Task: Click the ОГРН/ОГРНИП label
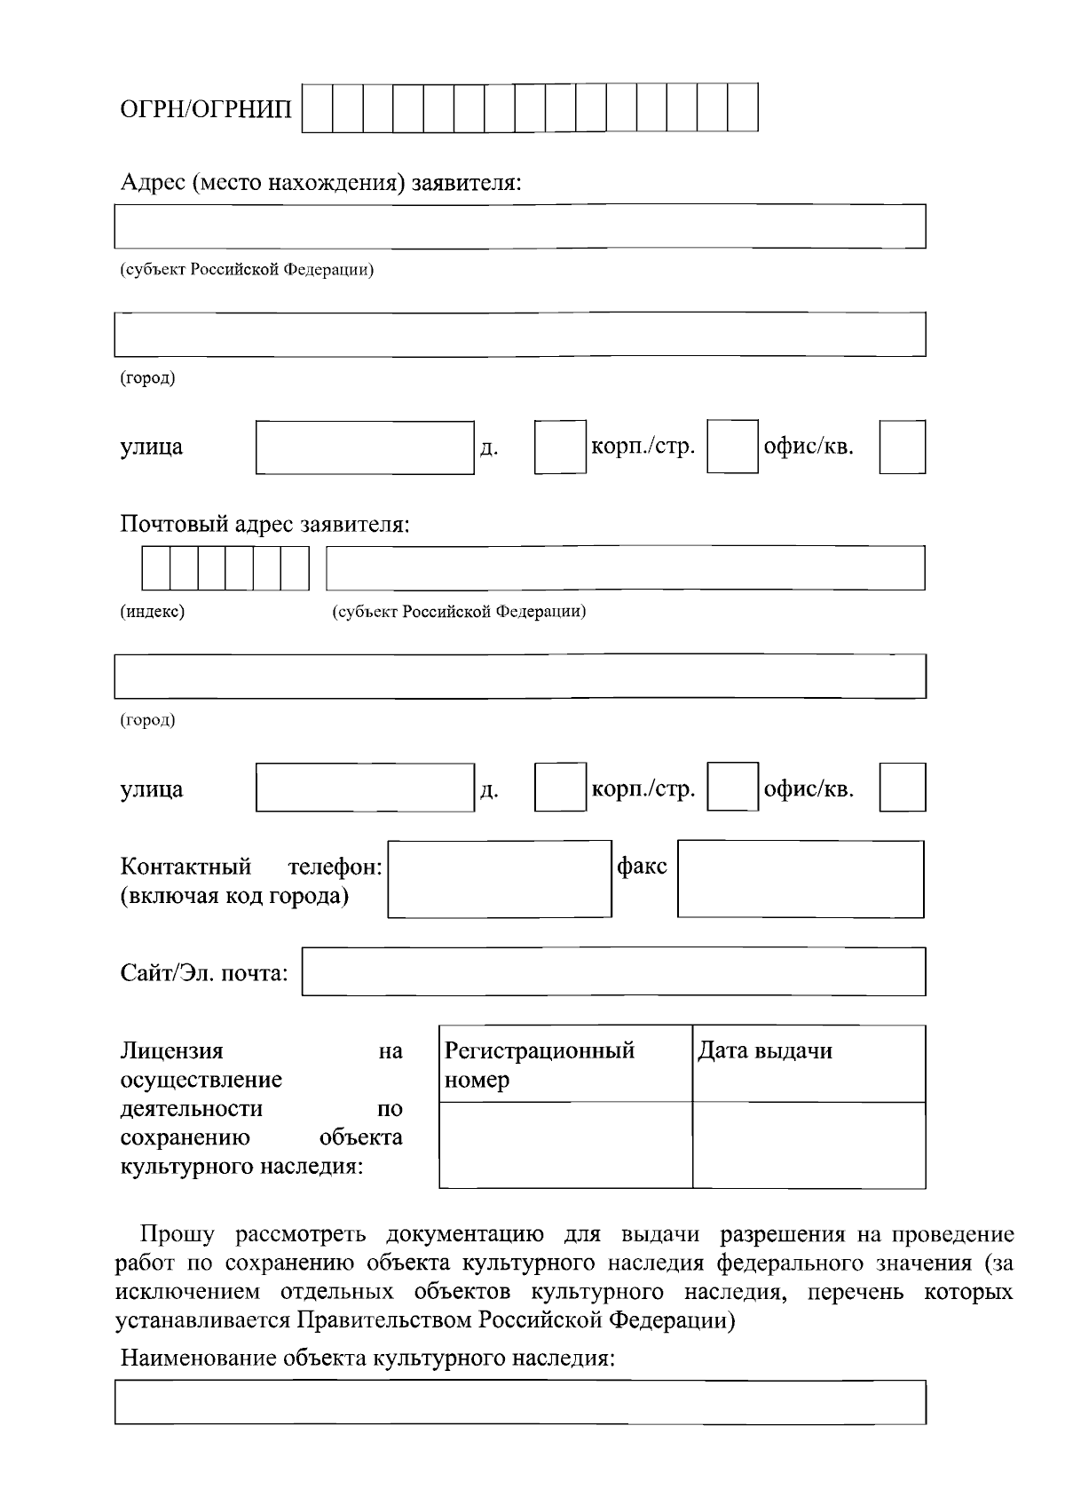point(206,109)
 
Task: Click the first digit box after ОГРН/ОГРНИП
point(318,107)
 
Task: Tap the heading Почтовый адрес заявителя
point(265,524)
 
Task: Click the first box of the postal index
point(156,568)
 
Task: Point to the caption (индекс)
point(153,612)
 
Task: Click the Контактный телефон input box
point(500,879)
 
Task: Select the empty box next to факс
point(801,879)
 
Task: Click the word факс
point(642,866)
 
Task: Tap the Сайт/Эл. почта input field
point(613,971)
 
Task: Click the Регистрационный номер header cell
point(565,1065)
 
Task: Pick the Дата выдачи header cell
point(809,1065)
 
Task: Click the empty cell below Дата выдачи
point(809,1145)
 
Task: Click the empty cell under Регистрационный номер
point(565,1145)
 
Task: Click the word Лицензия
point(172,1051)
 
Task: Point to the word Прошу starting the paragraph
point(177,1235)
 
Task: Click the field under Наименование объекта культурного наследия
point(520,1402)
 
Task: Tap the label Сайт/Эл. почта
point(204,973)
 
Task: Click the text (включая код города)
point(234,896)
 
